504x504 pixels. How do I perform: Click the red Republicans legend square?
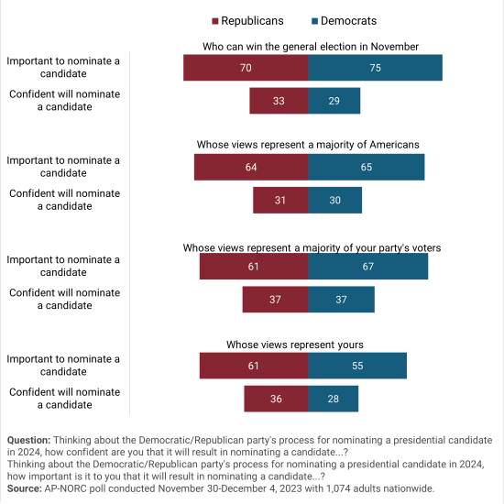coord(215,21)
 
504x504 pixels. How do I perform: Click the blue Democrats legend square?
coord(314,21)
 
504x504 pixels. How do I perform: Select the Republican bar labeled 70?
coord(246,68)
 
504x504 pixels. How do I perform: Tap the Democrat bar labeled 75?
coord(376,68)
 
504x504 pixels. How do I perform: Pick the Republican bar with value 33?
coord(279,101)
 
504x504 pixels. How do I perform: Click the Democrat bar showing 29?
coord(334,101)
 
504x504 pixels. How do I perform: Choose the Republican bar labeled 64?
coord(251,167)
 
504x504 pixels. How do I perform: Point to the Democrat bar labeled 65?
coord(367,167)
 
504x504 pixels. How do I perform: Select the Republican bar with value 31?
coord(281,200)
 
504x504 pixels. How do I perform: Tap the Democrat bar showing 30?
coord(335,200)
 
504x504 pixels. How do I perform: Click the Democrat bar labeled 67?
coord(368,266)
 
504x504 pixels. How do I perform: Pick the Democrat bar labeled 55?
coord(357,366)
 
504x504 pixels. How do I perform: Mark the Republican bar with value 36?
coord(277,399)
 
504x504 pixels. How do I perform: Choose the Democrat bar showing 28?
coord(334,399)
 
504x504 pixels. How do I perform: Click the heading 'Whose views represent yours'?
coord(295,345)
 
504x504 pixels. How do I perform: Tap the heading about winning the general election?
coord(311,47)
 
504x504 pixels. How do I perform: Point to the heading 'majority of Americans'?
coord(308,145)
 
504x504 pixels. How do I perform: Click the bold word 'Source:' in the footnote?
coord(25,488)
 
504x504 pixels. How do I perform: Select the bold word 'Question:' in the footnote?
coord(29,440)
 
